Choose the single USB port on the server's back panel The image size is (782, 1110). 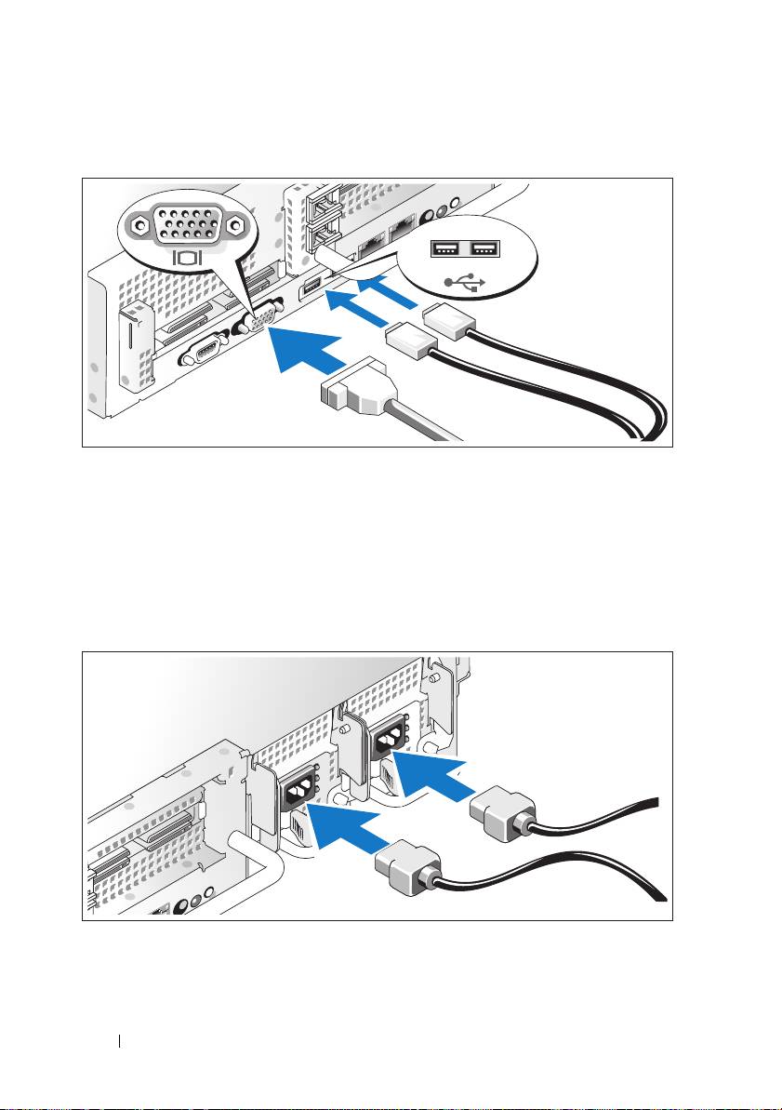click(308, 288)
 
